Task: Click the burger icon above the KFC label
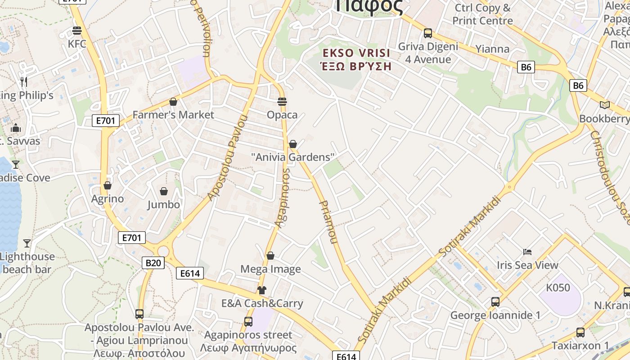pos(77,31)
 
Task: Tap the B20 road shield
pos(153,262)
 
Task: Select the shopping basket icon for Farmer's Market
pos(173,102)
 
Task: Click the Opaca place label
pos(282,115)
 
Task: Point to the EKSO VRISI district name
pos(356,53)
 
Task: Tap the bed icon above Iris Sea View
pos(527,252)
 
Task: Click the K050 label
pos(558,288)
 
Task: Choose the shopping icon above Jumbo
pos(164,192)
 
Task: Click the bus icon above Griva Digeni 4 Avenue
pos(427,33)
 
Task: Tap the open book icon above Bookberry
pos(605,105)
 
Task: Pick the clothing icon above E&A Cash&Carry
pos(262,290)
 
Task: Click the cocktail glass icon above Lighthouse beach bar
pos(27,243)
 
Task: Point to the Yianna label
pos(492,49)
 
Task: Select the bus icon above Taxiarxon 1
pos(580,333)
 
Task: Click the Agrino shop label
pos(108,198)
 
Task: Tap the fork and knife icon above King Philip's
pos(24,82)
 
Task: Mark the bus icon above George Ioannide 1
pos(495,302)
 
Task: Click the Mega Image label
pos(270,269)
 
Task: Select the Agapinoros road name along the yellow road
pos(283,198)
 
